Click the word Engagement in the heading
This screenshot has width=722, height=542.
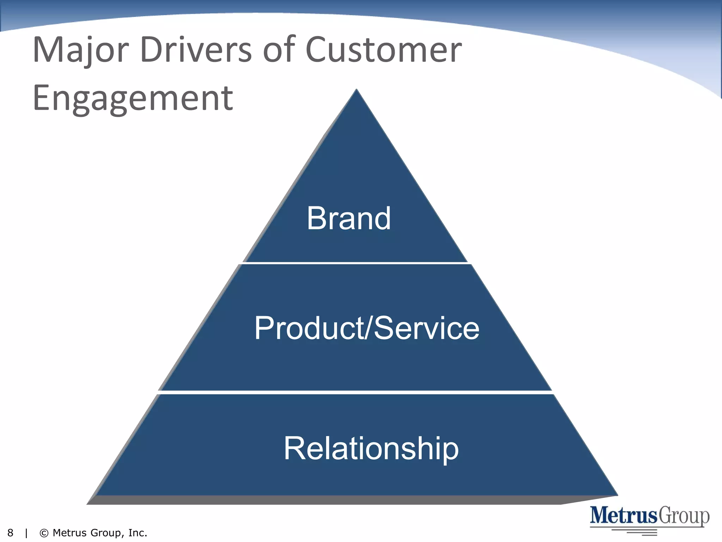click(x=133, y=99)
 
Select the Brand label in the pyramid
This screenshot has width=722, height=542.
click(x=349, y=218)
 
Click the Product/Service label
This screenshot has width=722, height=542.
click(x=367, y=328)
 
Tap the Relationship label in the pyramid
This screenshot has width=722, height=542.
click(x=371, y=449)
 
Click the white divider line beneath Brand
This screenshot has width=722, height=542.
click(x=355, y=263)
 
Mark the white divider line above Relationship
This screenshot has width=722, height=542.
click(x=355, y=392)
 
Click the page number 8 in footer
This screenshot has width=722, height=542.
click(x=10, y=533)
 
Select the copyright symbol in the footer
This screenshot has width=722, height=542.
click(x=44, y=533)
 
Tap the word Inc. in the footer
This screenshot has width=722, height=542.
click(x=137, y=533)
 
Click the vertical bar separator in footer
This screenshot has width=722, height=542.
click(x=26, y=533)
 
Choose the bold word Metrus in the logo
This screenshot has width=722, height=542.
click(x=624, y=516)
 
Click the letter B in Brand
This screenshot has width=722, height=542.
click(x=316, y=218)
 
